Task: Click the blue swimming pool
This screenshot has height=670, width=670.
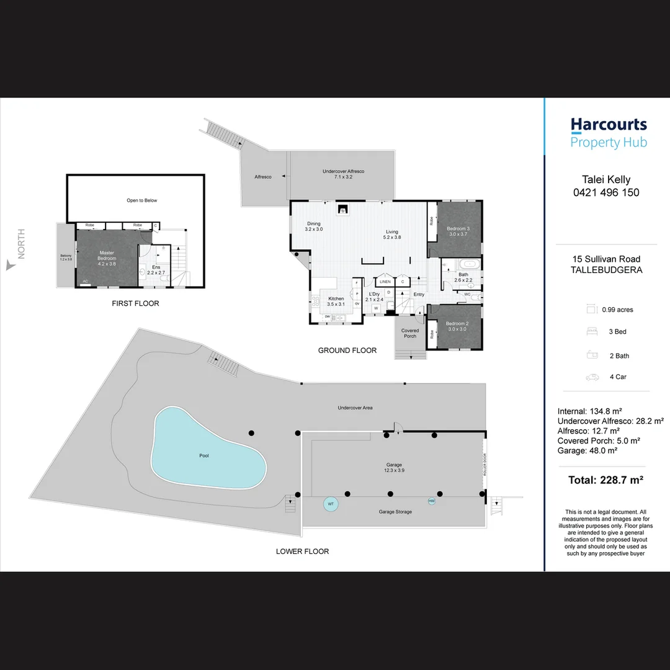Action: tap(205, 450)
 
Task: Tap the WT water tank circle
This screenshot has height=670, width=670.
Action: tap(331, 504)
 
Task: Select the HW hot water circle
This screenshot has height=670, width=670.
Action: tap(432, 501)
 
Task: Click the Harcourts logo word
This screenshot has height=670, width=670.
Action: tap(609, 125)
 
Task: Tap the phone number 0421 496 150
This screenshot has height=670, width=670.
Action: tap(606, 193)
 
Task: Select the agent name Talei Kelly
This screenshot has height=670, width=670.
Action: tap(606, 180)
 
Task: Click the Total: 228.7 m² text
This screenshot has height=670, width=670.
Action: tap(605, 480)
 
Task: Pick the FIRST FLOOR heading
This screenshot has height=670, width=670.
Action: tap(135, 303)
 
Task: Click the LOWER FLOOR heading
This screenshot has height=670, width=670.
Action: tap(302, 552)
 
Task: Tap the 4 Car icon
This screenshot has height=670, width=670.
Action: tap(592, 377)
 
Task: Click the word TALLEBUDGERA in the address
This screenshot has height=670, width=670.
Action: tap(606, 270)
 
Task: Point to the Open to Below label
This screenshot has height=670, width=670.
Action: tap(142, 200)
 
